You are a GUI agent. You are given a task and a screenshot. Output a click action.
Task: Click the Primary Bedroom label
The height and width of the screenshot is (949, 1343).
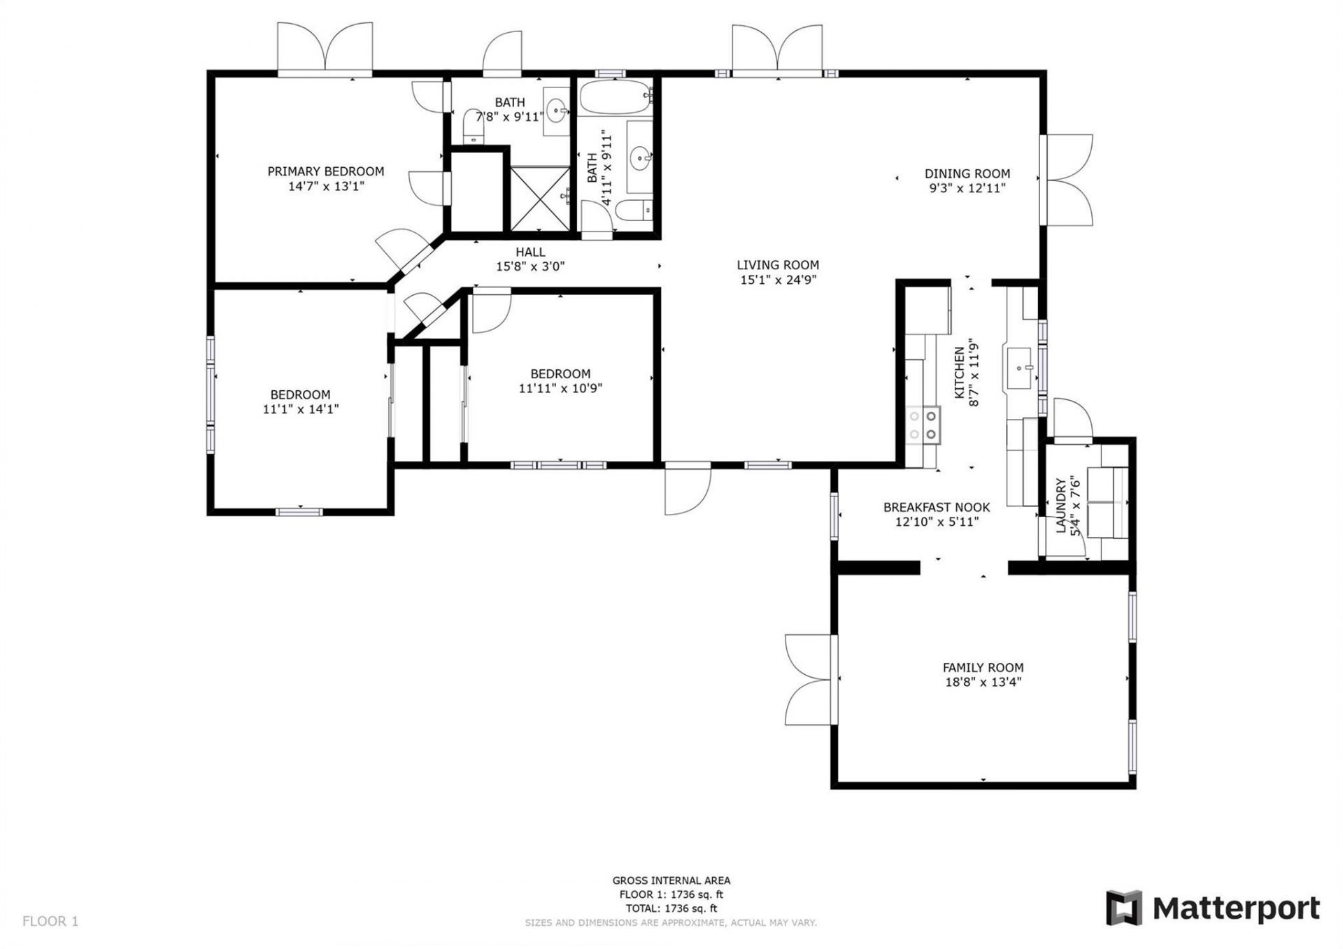pos(325,171)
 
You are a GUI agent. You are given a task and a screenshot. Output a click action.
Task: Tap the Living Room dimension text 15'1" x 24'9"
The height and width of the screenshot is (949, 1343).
pos(778,280)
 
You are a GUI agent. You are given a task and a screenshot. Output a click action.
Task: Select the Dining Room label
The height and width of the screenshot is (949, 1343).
pos(967,173)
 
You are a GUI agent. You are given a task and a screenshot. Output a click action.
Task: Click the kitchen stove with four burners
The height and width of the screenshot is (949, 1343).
pos(922,424)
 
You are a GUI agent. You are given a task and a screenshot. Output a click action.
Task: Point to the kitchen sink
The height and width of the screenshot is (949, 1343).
pos(1022,367)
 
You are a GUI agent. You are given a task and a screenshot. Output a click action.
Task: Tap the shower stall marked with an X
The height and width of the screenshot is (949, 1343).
pos(540,198)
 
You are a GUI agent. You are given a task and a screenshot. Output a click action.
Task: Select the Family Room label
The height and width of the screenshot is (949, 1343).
pos(982,667)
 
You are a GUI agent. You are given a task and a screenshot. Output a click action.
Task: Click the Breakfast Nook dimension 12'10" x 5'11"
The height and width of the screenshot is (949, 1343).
pos(936,522)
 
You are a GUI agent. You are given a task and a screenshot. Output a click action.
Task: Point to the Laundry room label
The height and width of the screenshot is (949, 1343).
pos(1061,506)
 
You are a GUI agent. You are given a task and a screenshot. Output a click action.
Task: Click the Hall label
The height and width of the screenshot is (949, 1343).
pos(530,252)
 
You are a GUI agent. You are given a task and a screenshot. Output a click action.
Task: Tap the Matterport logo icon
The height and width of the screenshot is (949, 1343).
pos(1123,908)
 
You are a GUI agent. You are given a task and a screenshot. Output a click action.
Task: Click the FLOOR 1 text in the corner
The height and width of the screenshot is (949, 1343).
pos(50,921)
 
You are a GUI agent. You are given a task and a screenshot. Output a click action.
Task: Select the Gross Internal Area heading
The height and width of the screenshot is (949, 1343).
pos(671,880)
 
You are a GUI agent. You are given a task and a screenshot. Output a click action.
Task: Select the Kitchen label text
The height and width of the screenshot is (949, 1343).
pos(960,373)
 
